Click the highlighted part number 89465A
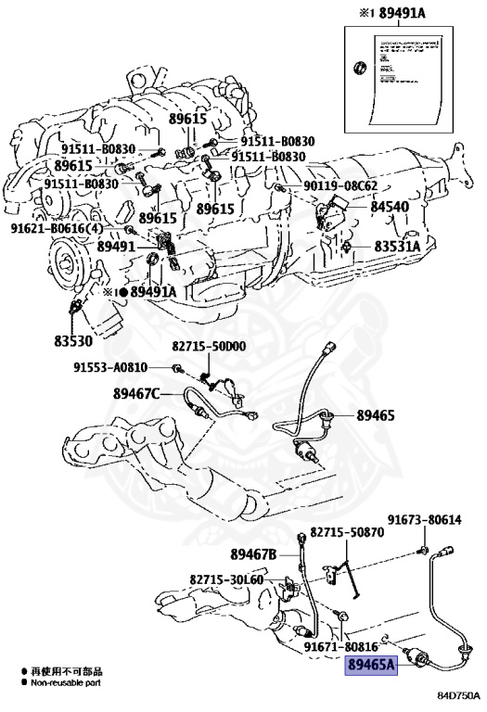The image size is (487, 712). tap(371, 665)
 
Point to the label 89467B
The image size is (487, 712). tap(252, 554)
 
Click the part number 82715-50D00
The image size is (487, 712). tap(209, 346)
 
